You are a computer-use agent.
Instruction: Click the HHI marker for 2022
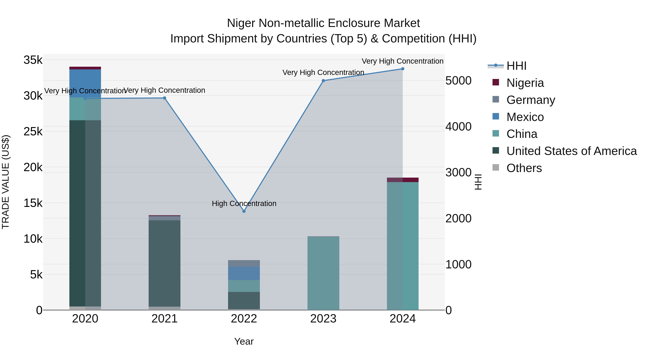tap(244, 211)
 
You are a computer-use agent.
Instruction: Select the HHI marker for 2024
tap(403, 69)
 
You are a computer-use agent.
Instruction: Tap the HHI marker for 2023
tap(323, 81)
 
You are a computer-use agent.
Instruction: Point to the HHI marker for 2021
tap(164, 98)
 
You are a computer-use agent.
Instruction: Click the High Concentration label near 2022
tap(244, 203)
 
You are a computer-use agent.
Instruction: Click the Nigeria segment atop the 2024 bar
tap(403, 180)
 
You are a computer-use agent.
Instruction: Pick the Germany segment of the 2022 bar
tap(244, 263)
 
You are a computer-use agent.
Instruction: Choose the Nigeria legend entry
tap(525, 83)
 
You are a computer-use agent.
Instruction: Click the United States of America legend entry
tap(571, 151)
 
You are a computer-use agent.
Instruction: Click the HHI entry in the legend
tap(516, 66)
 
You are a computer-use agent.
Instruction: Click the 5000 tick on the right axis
tap(458, 81)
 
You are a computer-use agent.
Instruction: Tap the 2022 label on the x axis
tap(244, 319)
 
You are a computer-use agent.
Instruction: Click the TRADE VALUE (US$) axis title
tap(6, 182)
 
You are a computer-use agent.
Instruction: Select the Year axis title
tap(244, 341)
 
